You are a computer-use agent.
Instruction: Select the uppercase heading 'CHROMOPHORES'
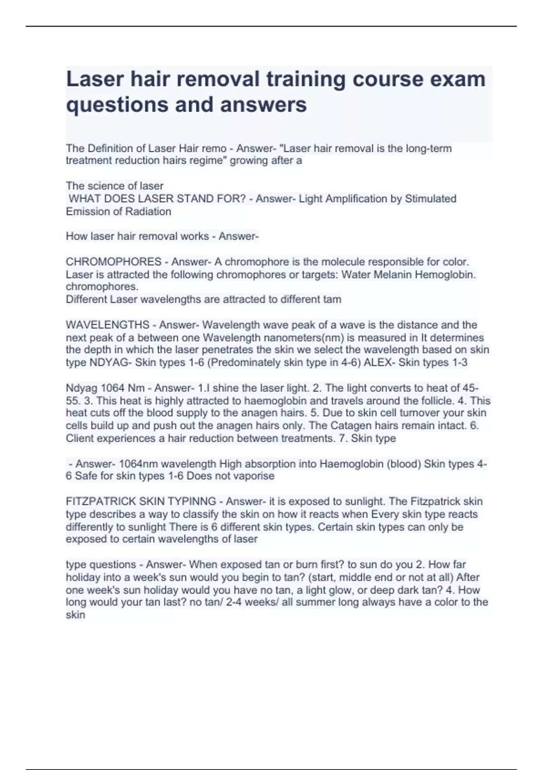(x=114, y=262)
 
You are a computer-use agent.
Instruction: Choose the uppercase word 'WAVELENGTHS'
(x=108, y=325)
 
